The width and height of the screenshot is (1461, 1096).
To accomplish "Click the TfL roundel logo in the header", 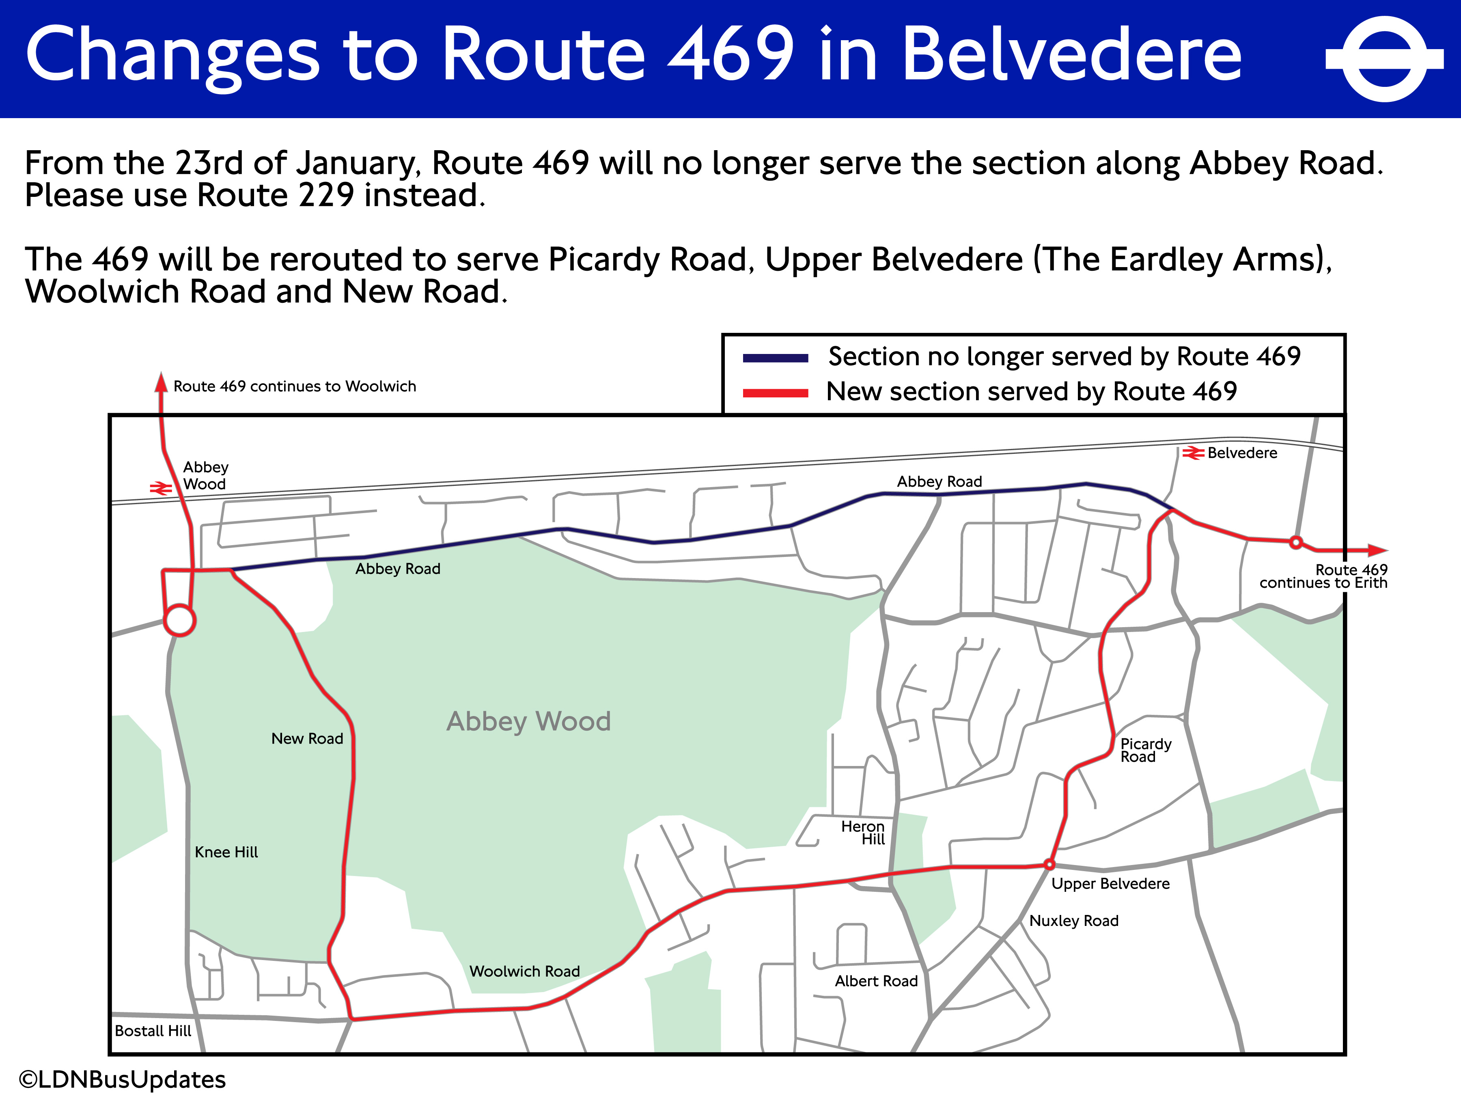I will [1384, 59].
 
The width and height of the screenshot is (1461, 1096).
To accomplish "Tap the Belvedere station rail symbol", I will [1192, 453].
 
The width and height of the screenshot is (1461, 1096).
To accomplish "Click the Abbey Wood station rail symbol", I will [160, 488].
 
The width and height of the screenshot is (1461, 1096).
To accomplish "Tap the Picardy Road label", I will [1145, 751].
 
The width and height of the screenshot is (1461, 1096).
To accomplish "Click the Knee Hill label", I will [226, 852].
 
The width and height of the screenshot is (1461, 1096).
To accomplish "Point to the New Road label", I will [307, 739].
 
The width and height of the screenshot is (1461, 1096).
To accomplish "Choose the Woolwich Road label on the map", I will [524, 971].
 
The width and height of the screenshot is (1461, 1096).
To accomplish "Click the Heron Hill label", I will [862, 833].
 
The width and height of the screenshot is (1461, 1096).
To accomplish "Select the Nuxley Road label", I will [1073, 921].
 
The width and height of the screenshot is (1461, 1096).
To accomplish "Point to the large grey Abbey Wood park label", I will [528, 721].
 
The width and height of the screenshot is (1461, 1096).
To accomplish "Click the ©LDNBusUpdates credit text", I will [123, 1079].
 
